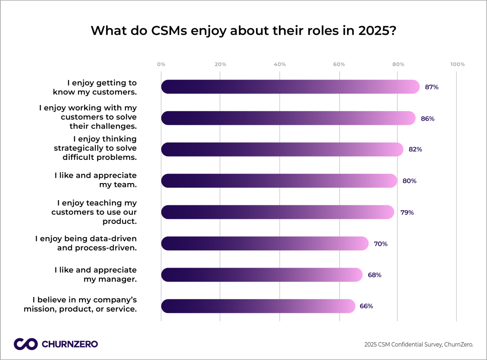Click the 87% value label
click(432, 87)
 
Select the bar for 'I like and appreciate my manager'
click(262, 275)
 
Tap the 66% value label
click(366, 306)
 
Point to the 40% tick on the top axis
click(280, 64)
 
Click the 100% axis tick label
click(457, 64)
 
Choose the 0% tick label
click(161, 64)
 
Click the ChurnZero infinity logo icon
click(25, 344)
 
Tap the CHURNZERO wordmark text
click(69, 344)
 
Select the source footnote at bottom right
click(419, 345)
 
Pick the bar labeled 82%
click(282, 150)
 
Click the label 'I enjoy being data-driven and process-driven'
click(86, 243)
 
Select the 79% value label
click(407, 212)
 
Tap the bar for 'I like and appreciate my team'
click(279, 181)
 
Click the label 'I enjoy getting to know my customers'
click(95, 87)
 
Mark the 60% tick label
click(339, 64)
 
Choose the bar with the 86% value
click(288, 118)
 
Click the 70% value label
click(380, 244)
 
